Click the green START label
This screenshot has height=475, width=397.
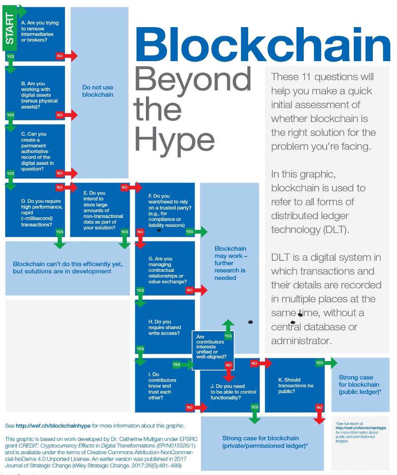[9, 29]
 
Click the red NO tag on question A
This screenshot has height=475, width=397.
[60, 56]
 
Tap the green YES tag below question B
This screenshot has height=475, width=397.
[11, 115]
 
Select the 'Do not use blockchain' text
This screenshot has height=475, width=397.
[98, 91]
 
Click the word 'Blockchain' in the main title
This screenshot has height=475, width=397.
[263, 45]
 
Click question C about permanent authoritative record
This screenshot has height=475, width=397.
[37, 151]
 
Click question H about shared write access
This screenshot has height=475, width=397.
[165, 327]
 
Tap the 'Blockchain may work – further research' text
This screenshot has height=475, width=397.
[230, 263]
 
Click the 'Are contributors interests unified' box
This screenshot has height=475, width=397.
[213, 350]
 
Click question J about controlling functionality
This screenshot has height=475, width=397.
[233, 392]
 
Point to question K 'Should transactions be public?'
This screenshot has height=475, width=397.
[296, 386]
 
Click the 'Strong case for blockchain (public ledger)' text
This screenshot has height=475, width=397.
[360, 384]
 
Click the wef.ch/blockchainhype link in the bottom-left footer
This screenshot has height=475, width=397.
[53, 426]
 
